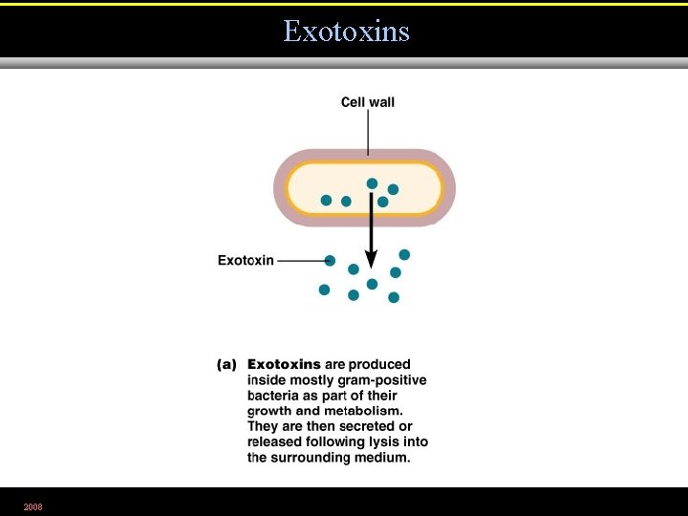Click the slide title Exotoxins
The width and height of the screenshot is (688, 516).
[x=346, y=32]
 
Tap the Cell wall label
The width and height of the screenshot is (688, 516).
[x=368, y=102]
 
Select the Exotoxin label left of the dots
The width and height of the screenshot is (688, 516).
[x=246, y=260]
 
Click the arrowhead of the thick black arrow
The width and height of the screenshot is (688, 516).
[x=372, y=259]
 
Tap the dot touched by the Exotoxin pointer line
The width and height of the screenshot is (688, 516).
[x=330, y=260]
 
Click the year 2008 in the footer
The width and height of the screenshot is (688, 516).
[x=33, y=505]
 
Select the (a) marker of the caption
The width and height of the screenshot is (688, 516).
[x=226, y=364]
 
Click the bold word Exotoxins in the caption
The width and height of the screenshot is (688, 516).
[x=284, y=364]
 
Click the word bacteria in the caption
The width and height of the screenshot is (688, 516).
[x=271, y=396]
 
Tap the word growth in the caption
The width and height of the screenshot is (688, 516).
[x=269, y=411]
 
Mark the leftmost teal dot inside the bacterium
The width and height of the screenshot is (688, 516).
[x=326, y=201]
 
